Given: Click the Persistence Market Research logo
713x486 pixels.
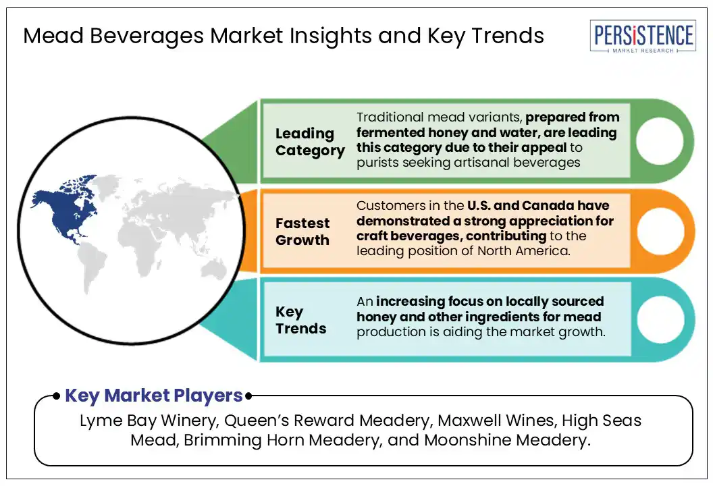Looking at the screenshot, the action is coord(643,36).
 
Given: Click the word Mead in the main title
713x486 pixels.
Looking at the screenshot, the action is coord(53,36).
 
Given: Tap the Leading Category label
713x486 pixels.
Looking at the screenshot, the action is coord(310,142).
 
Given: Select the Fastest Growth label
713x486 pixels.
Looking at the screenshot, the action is coord(302,232).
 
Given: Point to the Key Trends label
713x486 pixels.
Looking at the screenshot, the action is coord(300,320).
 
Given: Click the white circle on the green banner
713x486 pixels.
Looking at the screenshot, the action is coord(660,141).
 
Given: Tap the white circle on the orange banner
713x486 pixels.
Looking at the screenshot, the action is coord(661,231).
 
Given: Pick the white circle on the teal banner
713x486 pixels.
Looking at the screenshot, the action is coord(661,319).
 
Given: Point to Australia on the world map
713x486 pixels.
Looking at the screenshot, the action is coord(213,269).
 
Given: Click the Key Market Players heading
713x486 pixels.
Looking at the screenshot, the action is coord(154,396).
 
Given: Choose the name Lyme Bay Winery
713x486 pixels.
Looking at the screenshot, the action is coord(149,421).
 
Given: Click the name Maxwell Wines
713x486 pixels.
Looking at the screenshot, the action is coord(496,421).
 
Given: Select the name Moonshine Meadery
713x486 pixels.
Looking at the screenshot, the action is coord(506,440).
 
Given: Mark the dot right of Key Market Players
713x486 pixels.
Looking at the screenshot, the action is coord(248,396).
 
